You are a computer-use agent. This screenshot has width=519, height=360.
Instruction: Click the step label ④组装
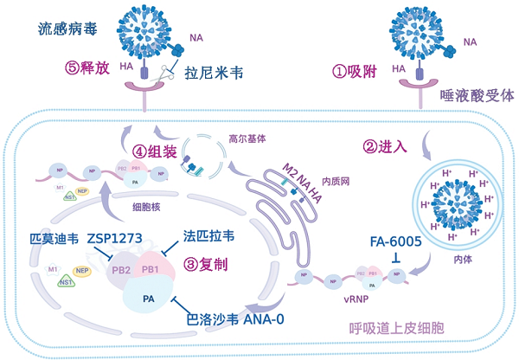[155, 154]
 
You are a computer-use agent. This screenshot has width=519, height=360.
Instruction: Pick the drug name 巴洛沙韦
[210, 318]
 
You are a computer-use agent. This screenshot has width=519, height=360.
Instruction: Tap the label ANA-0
[263, 318]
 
